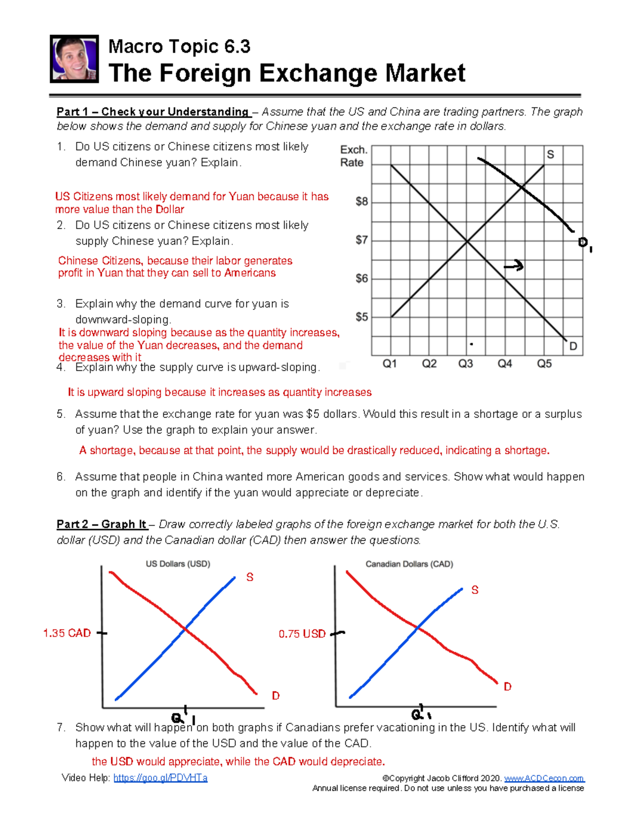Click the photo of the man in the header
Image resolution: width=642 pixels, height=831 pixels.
(74, 59)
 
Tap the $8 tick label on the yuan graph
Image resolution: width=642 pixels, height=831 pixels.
(362, 202)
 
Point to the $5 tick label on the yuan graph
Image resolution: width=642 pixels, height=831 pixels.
(362, 317)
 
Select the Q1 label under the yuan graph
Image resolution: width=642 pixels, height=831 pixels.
(389, 364)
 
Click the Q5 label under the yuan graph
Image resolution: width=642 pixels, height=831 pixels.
(544, 364)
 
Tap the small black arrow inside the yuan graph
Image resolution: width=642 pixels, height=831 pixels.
(514, 266)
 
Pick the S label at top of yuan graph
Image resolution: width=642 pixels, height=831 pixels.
(550, 155)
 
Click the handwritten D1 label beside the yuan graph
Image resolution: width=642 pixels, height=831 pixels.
(585, 244)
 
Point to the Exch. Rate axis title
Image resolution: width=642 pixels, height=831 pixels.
(353, 156)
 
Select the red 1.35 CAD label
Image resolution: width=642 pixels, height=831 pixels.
(67, 633)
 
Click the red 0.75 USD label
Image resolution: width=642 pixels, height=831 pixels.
(302, 634)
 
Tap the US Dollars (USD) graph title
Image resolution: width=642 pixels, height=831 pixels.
(178, 564)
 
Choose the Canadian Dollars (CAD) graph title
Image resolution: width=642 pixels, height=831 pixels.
(409, 564)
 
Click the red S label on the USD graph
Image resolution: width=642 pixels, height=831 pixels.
(249, 577)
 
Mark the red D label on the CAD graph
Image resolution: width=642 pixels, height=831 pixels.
(507, 687)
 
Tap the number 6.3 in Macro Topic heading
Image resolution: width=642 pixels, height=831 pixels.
(237, 47)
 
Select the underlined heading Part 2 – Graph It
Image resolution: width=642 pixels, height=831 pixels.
(102, 524)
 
